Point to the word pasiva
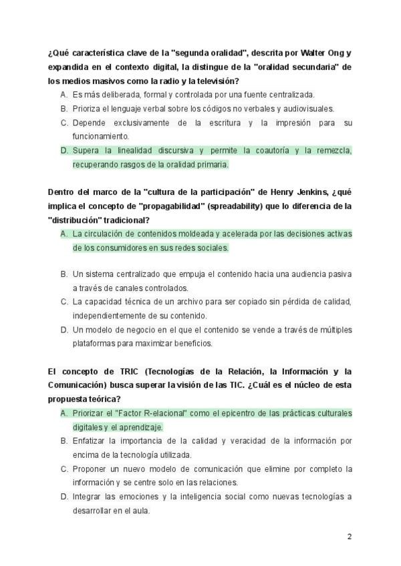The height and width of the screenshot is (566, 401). click(338, 274)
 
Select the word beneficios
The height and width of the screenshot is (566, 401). click(192, 344)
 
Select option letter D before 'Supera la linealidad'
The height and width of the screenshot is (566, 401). click(64, 150)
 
